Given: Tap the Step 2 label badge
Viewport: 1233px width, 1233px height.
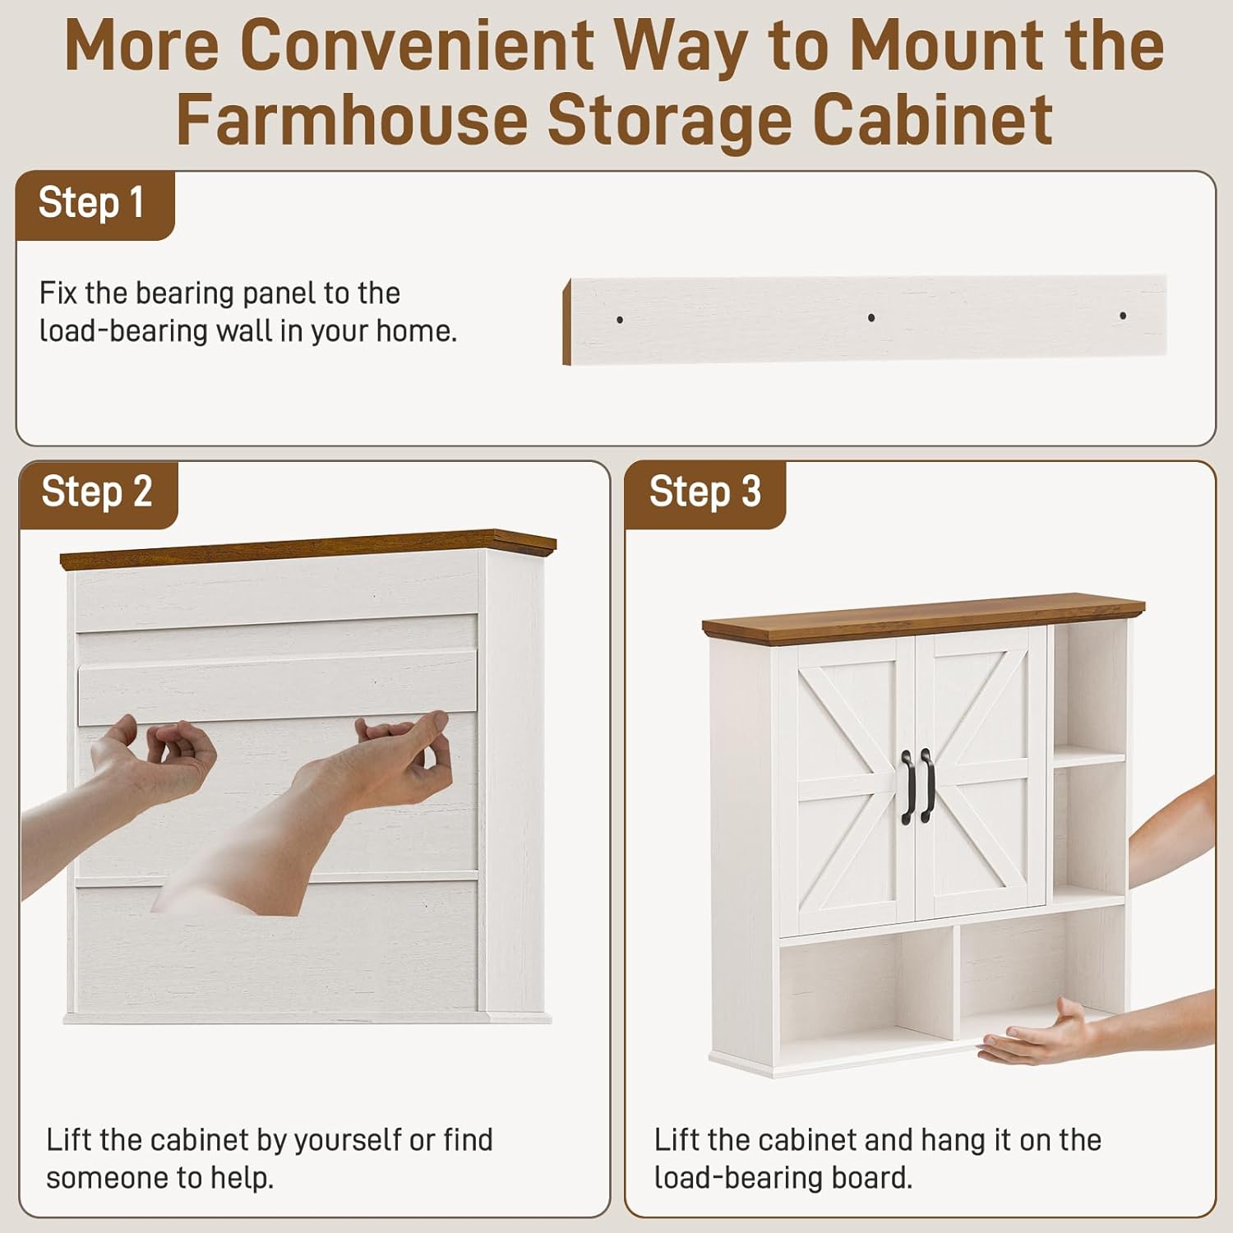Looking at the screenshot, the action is click(98, 494).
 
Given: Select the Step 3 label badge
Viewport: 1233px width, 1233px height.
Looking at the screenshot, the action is click(705, 494).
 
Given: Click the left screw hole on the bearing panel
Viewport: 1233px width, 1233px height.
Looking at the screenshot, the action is click(620, 320).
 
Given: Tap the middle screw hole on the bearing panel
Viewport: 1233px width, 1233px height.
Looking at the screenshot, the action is click(871, 317).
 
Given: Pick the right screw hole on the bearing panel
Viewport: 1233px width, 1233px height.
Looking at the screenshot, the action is click(1123, 316).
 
